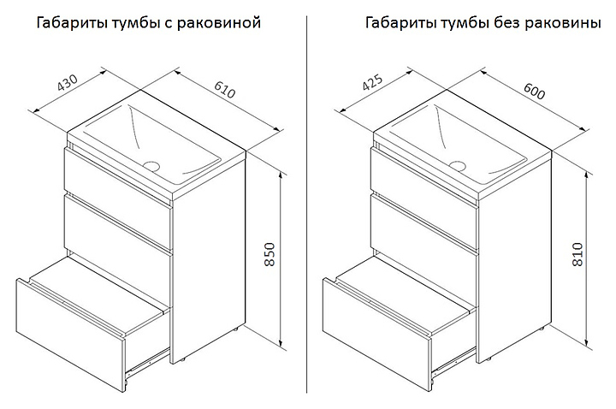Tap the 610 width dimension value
tap(225, 90)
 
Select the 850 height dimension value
tap(269, 255)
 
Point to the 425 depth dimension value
tap(372, 82)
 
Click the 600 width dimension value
tap(534, 92)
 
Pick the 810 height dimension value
tap(577, 255)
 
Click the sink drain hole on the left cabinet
tap(151, 166)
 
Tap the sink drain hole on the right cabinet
tap(458, 166)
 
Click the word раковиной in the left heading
tap(219, 23)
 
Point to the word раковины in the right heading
tap(563, 24)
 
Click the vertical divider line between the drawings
tap(306, 204)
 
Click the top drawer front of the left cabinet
tap(118, 176)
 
